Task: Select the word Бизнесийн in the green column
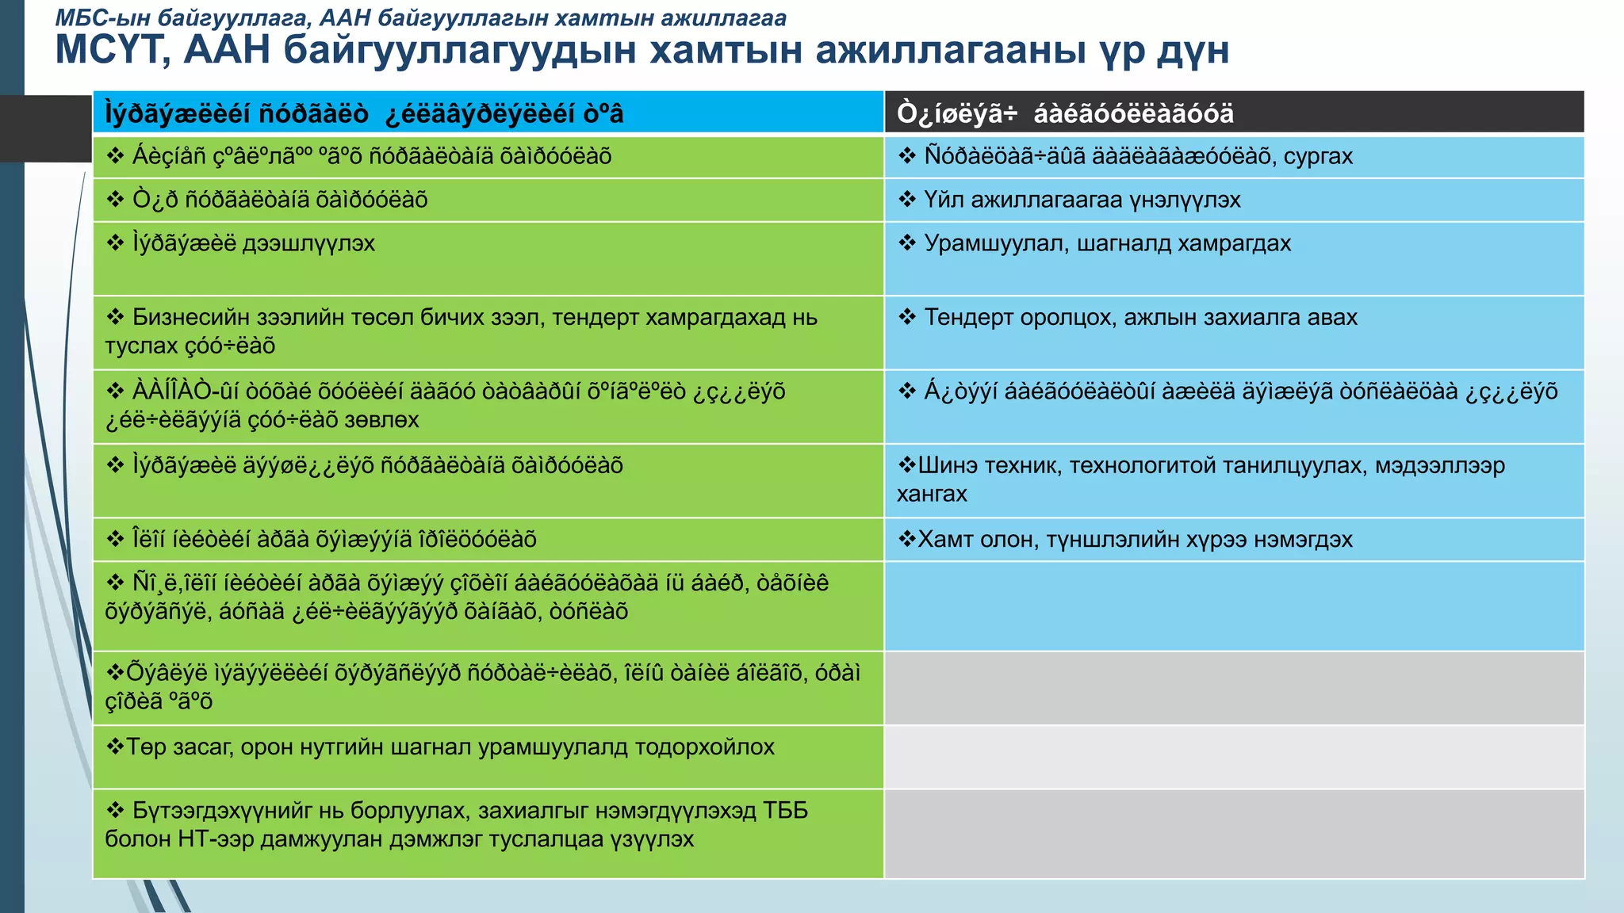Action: point(201,317)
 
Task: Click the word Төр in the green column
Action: point(144,747)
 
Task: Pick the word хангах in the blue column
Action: point(932,494)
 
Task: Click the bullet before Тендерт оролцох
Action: point(907,317)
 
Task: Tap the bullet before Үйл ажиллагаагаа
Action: point(907,200)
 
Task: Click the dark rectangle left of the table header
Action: point(46,128)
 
